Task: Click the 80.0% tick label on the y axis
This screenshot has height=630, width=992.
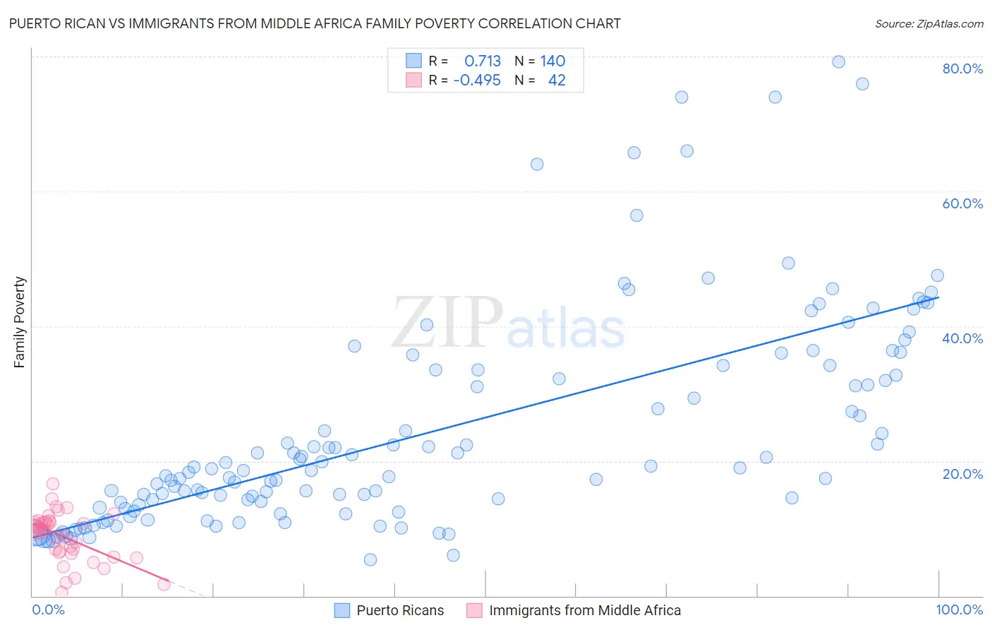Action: click(x=962, y=69)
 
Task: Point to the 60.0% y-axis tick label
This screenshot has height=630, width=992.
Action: click(x=962, y=203)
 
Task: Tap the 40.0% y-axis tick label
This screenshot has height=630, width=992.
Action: click(x=962, y=338)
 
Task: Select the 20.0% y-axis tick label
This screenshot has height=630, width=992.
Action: click(x=962, y=474)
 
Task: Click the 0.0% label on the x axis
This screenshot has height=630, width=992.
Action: click(x=48, y=610)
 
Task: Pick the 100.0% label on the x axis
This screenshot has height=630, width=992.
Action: click(x=959, y=610)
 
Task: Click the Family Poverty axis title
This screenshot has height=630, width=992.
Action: click(x=20, y=322)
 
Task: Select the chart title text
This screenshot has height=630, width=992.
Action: click(x=315, y=24)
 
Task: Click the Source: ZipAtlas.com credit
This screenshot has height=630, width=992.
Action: click(x=929, y=24)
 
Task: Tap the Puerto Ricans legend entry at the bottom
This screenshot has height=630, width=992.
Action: click(x=400, y=610)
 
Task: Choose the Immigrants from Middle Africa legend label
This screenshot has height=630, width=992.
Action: click(x=585, y=610)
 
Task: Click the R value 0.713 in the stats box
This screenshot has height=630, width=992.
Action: click(x=483, y=61)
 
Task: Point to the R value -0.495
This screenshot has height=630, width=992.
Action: click(x=477, y=81)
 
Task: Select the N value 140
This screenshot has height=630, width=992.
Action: click(x=553, y=61)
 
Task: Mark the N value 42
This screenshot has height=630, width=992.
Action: click(x=557, y=81)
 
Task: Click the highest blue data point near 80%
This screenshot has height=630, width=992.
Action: click(x=838, y=61)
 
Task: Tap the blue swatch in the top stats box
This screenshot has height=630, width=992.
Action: click(x=413, y=61)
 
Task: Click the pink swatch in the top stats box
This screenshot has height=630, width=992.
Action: click(x=413, y=80)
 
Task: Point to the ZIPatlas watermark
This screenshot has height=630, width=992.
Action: click(x=508, y=323)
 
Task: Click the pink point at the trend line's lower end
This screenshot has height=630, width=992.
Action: click(x=164, y=584)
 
